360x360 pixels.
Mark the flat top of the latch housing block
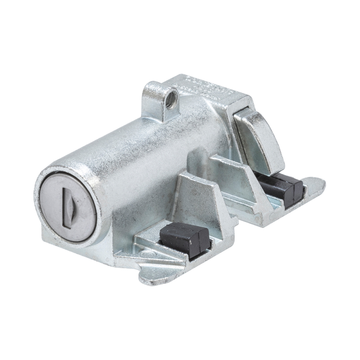[204, 90]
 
